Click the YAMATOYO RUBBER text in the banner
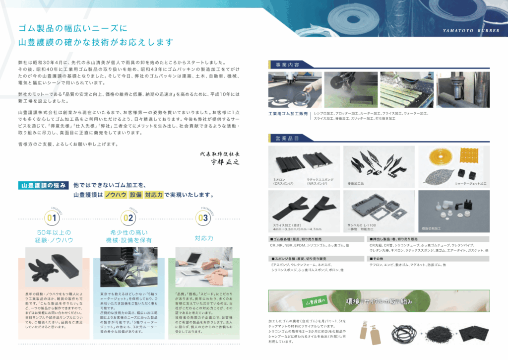coord(470,31)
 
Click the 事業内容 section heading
coord(284,64)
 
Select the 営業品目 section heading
coord(284,138)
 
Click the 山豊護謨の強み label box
coord(43,185)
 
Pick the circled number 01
coord(51,217)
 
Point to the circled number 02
coord(128,217)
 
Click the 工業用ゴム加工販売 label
coord(288,114)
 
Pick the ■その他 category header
coord(378,259)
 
